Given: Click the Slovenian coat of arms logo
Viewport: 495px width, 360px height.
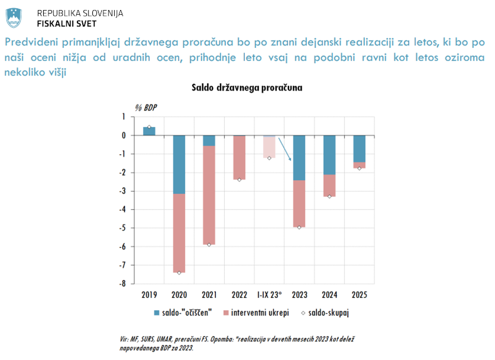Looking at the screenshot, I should pos(14,18).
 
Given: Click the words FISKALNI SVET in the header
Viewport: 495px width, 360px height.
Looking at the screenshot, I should pos(66,23).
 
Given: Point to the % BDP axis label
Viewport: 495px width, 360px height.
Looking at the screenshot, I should pos(146,107).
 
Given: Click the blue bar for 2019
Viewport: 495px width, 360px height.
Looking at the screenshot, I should pos(149,131).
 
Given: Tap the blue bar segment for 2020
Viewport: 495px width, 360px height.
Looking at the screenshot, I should pos(179,164).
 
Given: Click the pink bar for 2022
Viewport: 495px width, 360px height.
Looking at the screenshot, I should pos(239,157).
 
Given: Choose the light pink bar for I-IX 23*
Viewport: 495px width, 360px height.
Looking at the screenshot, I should pos(269,147).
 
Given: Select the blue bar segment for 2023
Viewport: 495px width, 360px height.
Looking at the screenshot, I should pos(299,157).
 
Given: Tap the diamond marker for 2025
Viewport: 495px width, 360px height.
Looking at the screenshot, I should pos(359,168).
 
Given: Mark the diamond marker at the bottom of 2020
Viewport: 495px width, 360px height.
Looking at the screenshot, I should pos(179,273).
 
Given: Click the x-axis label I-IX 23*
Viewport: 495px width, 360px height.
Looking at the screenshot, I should pos(269,295).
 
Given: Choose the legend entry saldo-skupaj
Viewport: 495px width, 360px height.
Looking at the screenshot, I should pos(329,313).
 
